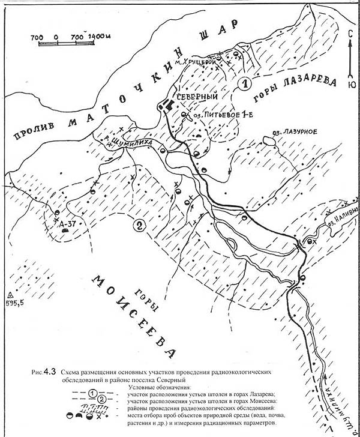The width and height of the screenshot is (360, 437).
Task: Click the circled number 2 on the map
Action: (139, 226)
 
